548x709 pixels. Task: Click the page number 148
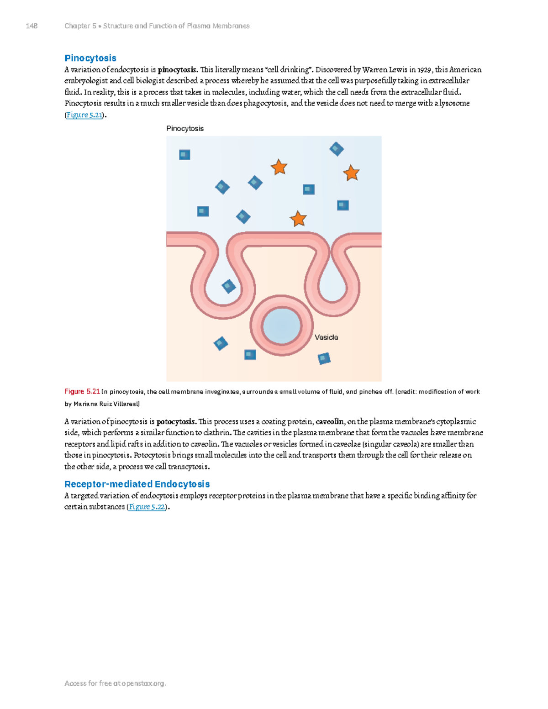[x=32, y=26]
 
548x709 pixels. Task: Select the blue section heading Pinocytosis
[x=90, y=58]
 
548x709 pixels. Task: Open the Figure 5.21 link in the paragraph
[x=84, y=115]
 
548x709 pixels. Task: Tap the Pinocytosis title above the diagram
[x=185, y=128]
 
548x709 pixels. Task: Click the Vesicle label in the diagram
[x=326, y=337]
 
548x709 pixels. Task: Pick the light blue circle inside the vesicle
[x=281, y=326]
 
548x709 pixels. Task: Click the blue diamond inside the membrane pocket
[x=229, y=286]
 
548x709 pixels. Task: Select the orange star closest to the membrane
[x=298, y=219]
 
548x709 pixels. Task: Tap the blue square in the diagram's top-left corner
[x=184, y=155]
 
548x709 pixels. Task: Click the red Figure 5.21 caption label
[x=82, y=392]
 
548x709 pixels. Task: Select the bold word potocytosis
[x=177, y=421]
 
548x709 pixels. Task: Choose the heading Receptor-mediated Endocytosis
[x=137, y=484]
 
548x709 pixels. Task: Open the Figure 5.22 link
[x=147, y=507]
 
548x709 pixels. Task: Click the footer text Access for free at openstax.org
[x=115, y=683]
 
